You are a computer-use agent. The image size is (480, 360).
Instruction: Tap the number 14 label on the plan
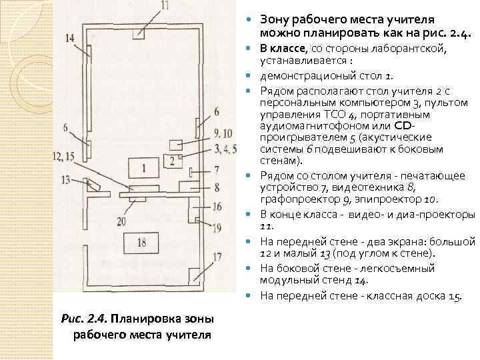tap(70, 38)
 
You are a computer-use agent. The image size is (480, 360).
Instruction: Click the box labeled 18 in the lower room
tap(141, 243)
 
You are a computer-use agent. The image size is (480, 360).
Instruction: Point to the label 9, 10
tap(224, 133)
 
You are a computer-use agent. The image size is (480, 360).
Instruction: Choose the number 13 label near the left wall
tap(65, 179)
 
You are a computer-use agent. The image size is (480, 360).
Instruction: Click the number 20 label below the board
tap(121, 221)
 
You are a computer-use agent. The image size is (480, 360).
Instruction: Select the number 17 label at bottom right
tap(217, 256)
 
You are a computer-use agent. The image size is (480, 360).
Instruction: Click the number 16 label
tap(217, 207)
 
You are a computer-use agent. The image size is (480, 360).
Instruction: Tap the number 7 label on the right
tap(217, 170)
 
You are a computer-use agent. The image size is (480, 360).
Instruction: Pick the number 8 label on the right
tap(217, 188)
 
